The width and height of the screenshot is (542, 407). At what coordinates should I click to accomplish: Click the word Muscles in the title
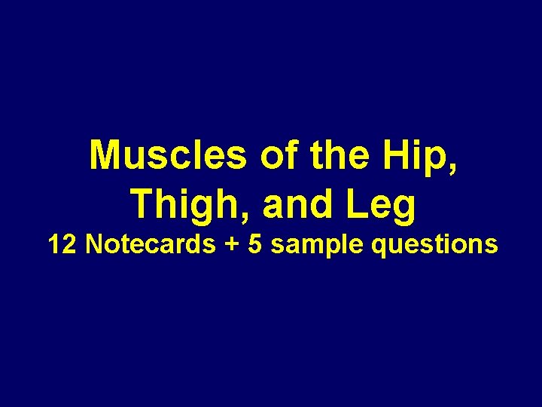169,156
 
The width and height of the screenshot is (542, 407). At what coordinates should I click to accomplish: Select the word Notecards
150,244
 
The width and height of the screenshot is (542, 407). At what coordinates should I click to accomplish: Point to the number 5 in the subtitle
256,244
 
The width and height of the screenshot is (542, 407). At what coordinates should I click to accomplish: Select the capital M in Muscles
105,156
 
